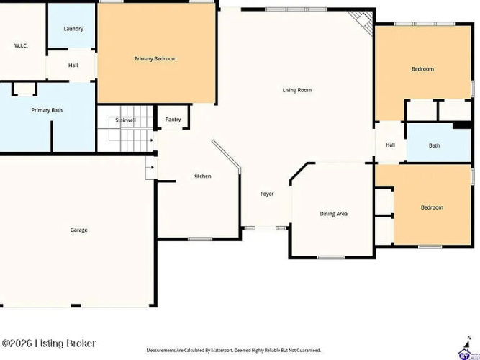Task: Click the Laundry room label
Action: point(73,29)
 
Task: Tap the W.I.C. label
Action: point(21,45)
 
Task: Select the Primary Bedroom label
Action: point(155,58)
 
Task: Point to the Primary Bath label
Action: point(47,110)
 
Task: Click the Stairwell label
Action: point(125,120)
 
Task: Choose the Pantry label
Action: point(173,120)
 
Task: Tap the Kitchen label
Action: point(202,176)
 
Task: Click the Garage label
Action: point(78,230)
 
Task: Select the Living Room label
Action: point(297,90)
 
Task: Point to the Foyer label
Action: point(267,194)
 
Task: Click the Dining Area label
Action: point(333,214)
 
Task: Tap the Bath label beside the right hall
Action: point(435,145)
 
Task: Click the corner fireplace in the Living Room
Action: point(363,22)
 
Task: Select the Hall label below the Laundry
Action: point(73,66)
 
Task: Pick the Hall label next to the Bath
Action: point(390,145)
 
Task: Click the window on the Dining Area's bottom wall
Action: point(331,258)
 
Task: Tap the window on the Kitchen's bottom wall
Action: point(200,239)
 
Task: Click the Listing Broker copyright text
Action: point(49,343)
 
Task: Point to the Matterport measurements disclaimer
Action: point(234,350)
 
